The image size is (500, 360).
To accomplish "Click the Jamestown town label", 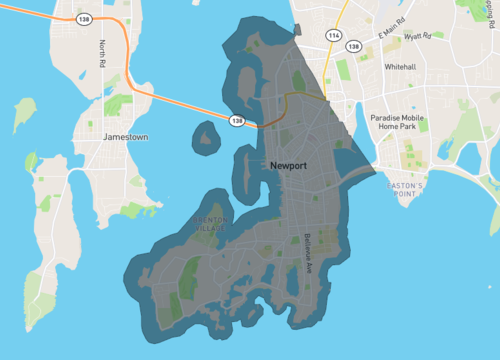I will click(126, 136).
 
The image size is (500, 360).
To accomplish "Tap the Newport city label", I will click(288, 166).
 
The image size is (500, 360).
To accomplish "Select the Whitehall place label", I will click(405, 67).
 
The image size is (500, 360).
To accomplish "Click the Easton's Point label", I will click(407, 191).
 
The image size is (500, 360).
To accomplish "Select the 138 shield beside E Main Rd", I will click(353, 46).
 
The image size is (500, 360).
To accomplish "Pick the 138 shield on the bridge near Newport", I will click(237, 121).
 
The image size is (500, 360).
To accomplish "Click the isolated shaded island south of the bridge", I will click(205, 135).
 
